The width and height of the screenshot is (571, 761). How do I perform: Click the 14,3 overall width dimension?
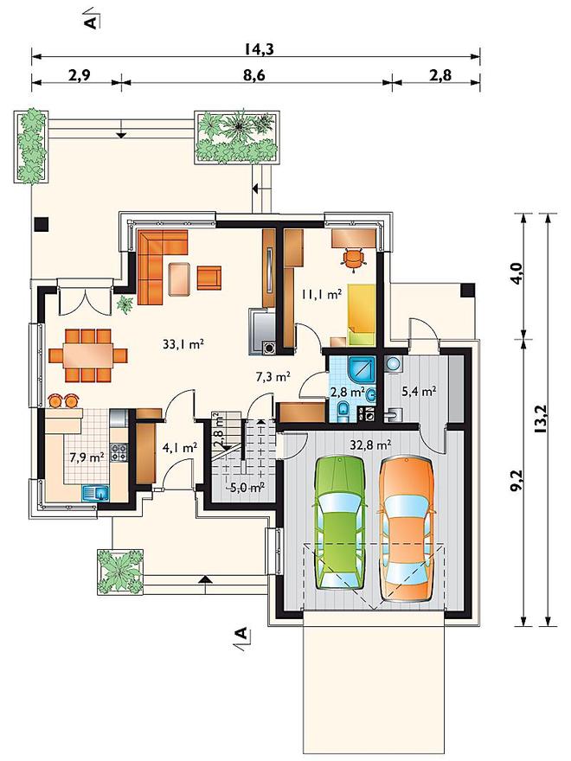tap(256, 49)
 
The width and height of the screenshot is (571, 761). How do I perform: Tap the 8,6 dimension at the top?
tap(256, 75)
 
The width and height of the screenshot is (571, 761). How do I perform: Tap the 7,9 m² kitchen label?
tap(87, 457)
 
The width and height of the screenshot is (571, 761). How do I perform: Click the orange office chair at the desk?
tap(353, 258)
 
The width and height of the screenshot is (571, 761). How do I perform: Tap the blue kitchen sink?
tap(96, 494)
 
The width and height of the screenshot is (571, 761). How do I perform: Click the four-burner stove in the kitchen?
tap(119, 452)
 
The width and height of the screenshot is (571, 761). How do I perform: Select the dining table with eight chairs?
tap(88, 355)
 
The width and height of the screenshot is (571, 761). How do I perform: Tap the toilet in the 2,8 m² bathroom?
tap(343, 411)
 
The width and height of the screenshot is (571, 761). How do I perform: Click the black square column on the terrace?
tap(42, 224)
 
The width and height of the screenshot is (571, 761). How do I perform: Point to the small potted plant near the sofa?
tap(125, 304)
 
